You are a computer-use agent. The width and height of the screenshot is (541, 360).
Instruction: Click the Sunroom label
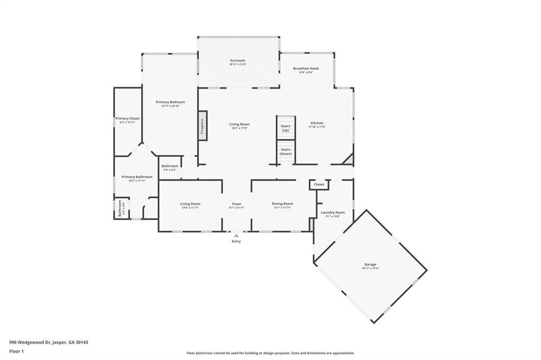click(x=238, y=61)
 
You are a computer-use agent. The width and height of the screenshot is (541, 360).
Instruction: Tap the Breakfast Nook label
click(x=306, y=69)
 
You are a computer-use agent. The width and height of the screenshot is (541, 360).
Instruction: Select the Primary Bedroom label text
click(x=170, y=102)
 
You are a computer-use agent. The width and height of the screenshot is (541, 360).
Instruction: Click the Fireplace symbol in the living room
click(x=202, y=126)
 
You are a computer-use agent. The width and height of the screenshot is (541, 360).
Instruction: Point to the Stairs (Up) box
click(x=285, y=128)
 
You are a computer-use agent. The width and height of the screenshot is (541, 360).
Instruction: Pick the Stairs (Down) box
click(x=285, y=151)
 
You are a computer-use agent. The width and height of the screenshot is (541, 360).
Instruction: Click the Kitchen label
click(x=317, y=123)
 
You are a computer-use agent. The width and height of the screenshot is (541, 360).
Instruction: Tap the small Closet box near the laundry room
click(x=319, y=185)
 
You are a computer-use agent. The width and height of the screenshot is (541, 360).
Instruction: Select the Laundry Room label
click(x=333, y=212)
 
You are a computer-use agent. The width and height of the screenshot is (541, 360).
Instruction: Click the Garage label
click(x=370, y=264)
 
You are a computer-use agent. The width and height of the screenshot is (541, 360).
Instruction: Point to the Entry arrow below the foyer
click(x=236, y=235)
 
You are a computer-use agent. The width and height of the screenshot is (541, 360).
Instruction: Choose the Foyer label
click(x=237, y=204)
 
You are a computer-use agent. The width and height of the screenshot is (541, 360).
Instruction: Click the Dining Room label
click(x=283, y=204)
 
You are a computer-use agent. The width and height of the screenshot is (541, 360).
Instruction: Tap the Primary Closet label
click(x=127, y=119)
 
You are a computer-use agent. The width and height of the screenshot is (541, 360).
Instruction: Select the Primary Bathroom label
click(x=137, y=177)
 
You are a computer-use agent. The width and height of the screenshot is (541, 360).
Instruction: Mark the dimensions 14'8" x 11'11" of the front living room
click(x=190, y=207)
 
